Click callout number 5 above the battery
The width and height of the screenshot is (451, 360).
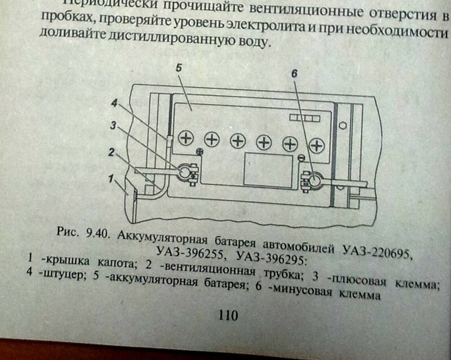coord(178,68)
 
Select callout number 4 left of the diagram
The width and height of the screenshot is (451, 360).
coord(114,104)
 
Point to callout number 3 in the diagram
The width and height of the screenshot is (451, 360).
coord(113,126)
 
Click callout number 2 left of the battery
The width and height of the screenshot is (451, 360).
coord(112,152)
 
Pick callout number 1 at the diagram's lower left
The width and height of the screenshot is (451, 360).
coord(113,180)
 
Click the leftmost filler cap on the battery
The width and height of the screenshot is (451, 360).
coord(186,137)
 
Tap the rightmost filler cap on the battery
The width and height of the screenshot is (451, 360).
coord(317,145)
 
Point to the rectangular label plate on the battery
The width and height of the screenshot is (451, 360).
coord(267,171)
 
